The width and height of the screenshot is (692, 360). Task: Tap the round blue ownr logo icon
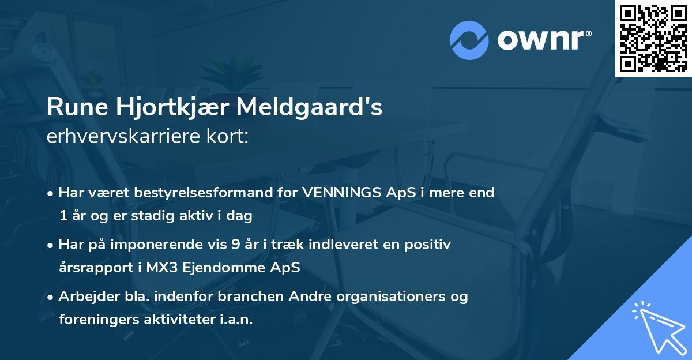point(469,40)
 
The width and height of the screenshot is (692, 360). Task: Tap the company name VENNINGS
point(335,193)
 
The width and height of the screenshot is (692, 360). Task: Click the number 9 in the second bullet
point(235,245)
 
